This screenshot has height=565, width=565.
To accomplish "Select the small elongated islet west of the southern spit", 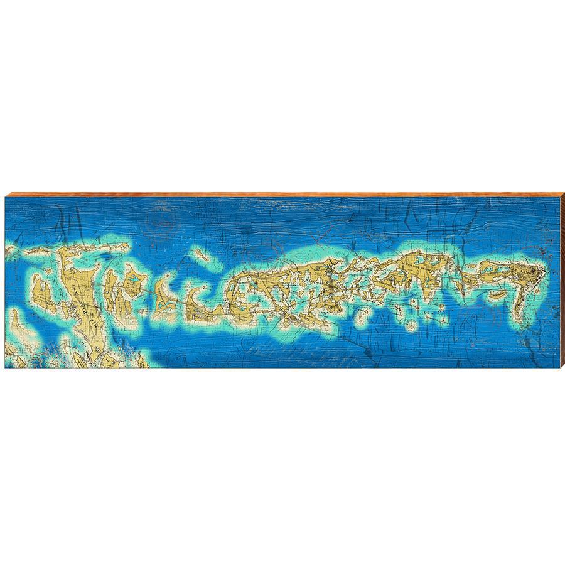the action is pyautogui.click(x=497, y=294).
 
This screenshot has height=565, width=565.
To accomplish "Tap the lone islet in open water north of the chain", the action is pyautogui.click(x=202, y=254).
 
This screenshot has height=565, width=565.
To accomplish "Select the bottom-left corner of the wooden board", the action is pyautogui.click(x=6, y=367).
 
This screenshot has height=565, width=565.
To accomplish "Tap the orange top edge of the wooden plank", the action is pyautogui.click(x=282, y=195).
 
